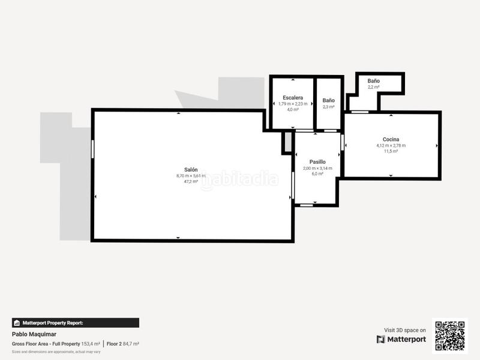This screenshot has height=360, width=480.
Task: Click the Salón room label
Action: pos(190,169)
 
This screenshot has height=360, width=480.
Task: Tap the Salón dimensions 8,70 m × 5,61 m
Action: pos(190,175)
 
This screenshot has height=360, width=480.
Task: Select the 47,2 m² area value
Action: pos(190,181)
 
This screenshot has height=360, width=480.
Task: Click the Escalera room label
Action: pos(293,97)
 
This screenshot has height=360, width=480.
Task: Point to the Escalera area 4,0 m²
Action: pos(293,109)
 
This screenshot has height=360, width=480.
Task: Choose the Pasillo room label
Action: pos(317,162)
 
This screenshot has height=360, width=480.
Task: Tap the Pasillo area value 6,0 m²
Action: pos(317,174)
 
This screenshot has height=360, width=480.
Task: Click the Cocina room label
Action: pos(391,139)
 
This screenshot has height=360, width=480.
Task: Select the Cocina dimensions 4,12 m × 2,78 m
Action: pos(391,145)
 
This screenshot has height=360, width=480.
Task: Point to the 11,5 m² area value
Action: pos(391,151)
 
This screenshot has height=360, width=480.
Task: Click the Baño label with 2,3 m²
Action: pos(328,100)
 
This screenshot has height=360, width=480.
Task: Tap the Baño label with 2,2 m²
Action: pos(373,80)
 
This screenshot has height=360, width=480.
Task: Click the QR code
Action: pos(449,336)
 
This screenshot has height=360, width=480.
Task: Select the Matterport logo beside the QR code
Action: pos(401,340)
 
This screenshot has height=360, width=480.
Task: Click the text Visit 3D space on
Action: pos(405,330)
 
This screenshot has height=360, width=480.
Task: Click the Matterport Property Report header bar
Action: pos(76,323)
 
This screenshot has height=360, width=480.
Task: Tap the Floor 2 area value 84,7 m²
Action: pos(131,344)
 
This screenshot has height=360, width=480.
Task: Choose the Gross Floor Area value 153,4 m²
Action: pos(91,344)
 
